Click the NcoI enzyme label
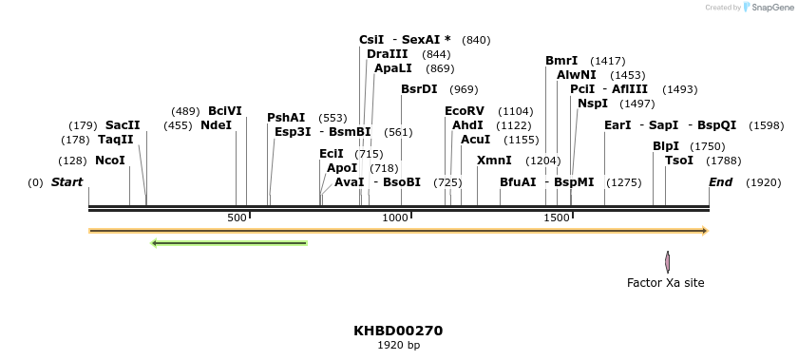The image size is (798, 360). pyautogui.click(x=110, y=161)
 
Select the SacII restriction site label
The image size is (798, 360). pyautogui.click(x=123, y=125)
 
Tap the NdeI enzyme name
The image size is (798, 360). pyautogui.click(x=216, y=125)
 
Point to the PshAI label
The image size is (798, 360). pyautogui.click(x=286, y=118)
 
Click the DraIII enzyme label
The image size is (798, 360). pyautogui.click(x=388, y=54)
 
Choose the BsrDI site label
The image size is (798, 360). pyautogui.click(x=419, y=89)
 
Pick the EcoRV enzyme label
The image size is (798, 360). pyautogui.click(x=465, y=111)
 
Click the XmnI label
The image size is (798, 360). pyautogui.click(x=494, y=161)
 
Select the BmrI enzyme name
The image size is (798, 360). pyautogui.click(x=561, y=61)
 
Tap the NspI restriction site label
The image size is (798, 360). pyautogui.click(x=593, y=104)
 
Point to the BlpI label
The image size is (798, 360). pyautogui.click(x=666, y=146)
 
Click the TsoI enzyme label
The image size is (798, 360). pyautogui.click(x=679, y=161)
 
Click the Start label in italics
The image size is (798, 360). pyautogui.click(x=66, y=182)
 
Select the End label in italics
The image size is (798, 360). pyautogui.click(x=720, y=182)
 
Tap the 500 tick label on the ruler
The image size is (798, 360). pyautogui.click(x=237, y=218)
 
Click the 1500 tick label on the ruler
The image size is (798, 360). pyautogui.click(x=556, y=218)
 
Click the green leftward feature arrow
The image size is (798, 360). pyautogui.click(x=229, y=243)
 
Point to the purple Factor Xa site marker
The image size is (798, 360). pyautogui.click(x=668, y=261)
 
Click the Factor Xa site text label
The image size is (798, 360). pyautogui.click(x=666, y=283)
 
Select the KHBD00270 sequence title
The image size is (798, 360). pyautogui.click(x=398, y=331)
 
